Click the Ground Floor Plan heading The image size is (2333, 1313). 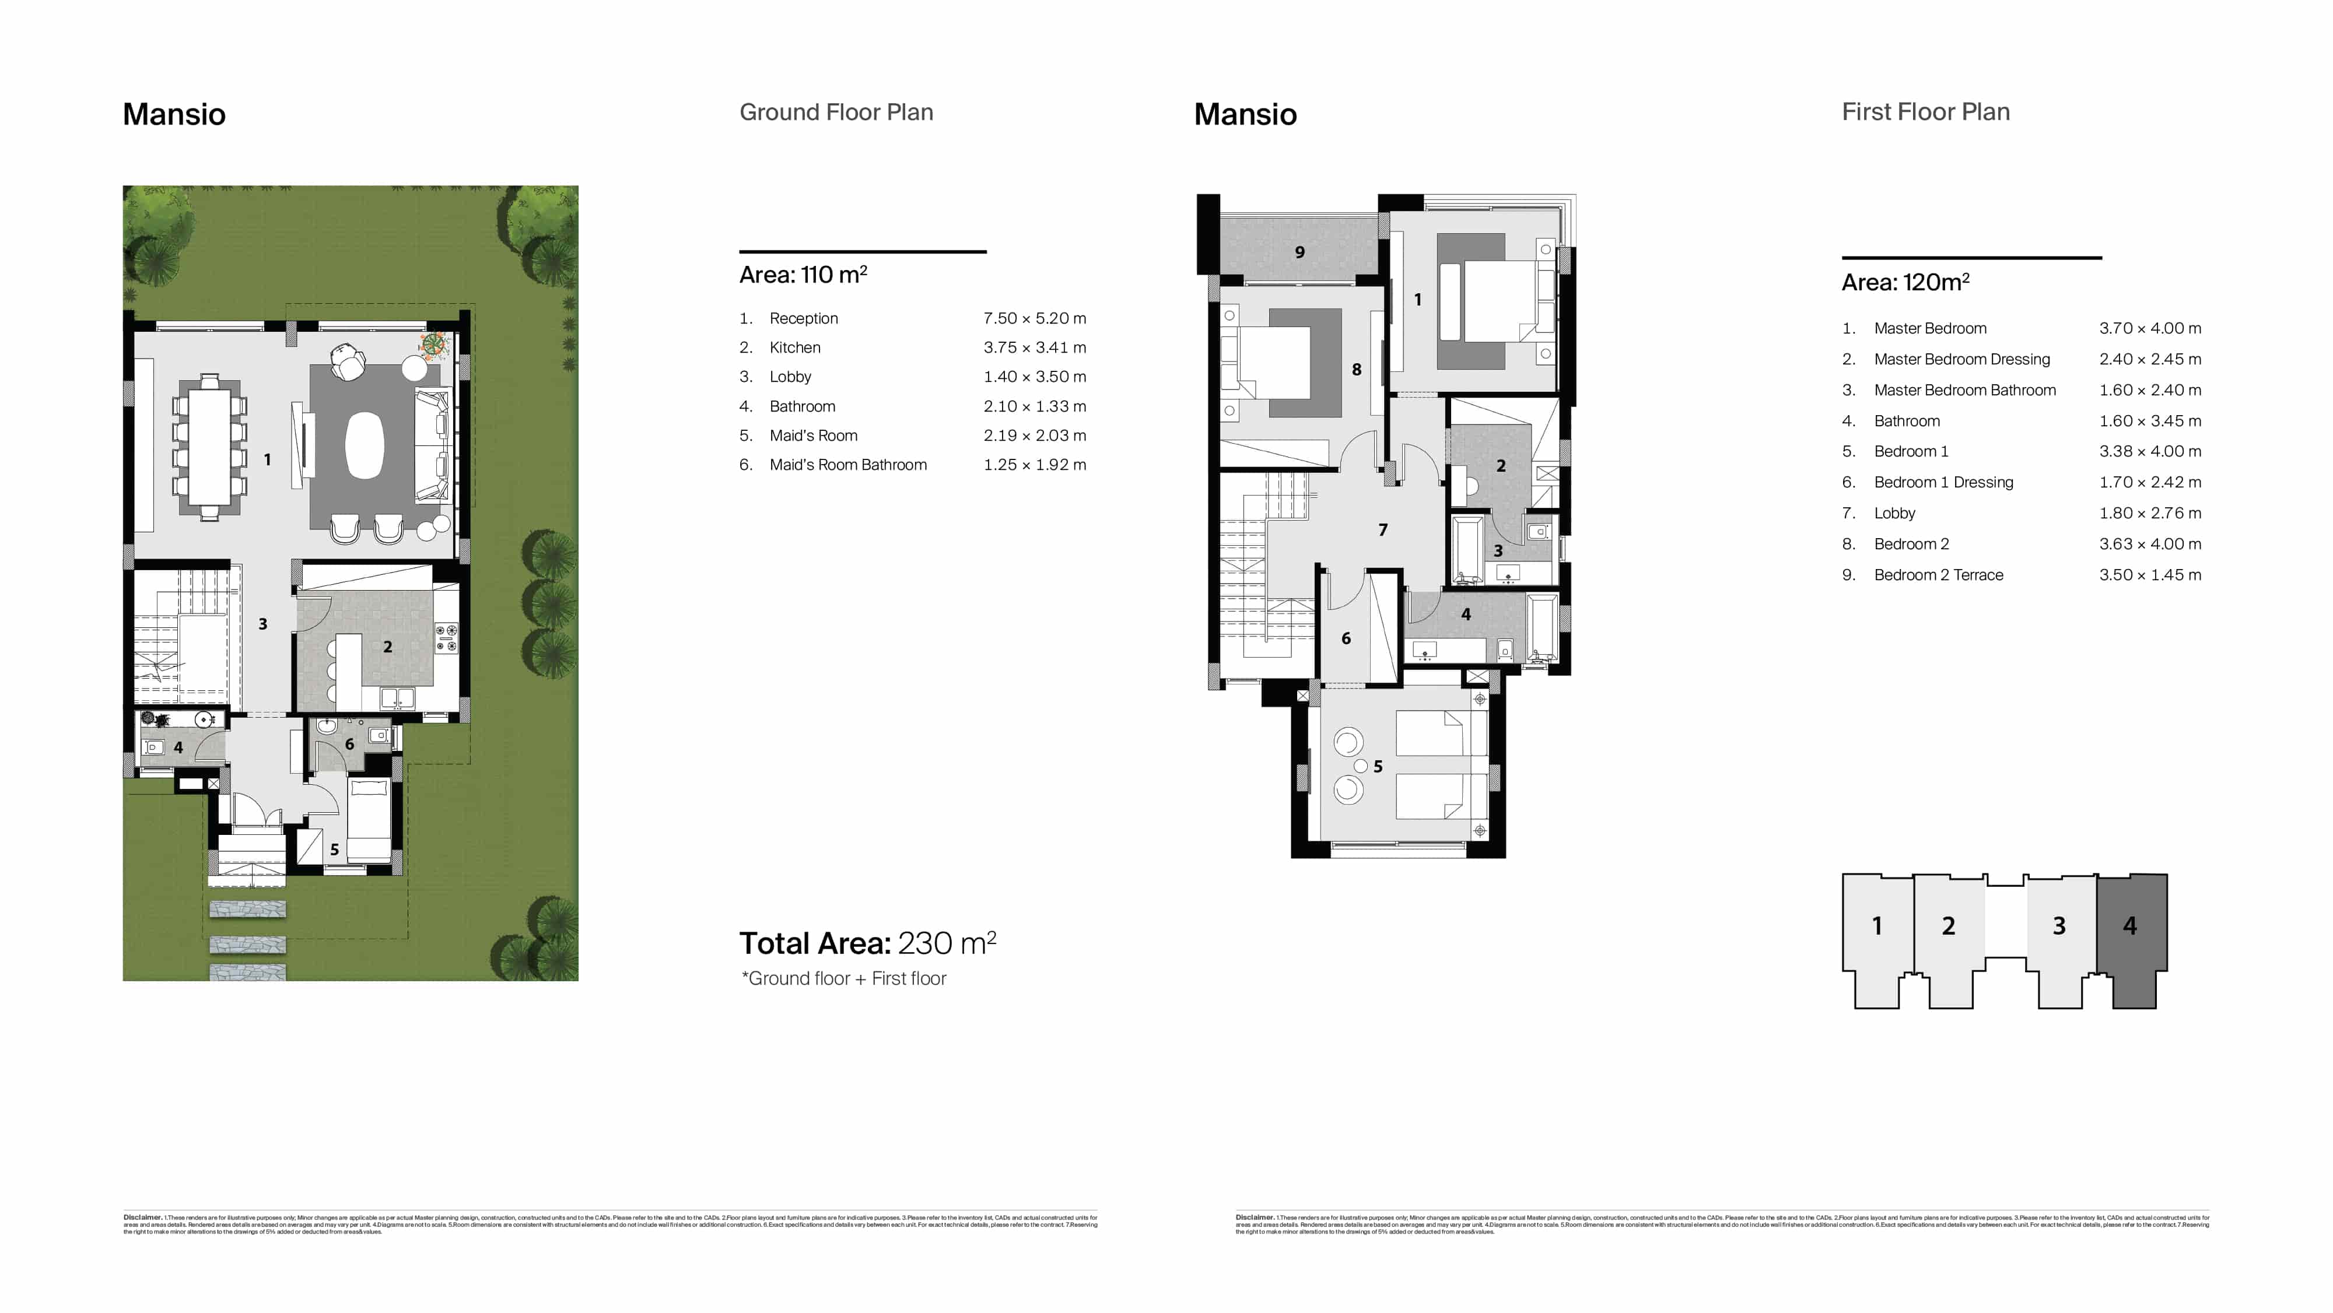(835, 113)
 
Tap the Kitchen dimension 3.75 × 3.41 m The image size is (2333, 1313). (1034, 347)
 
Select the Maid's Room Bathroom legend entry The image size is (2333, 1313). (847, 465)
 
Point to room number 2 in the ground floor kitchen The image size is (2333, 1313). (388, 647)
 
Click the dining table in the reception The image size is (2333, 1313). (209, 447)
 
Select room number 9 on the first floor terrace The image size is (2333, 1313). (1299, 252)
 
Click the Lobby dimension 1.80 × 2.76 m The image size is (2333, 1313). (2149, 514)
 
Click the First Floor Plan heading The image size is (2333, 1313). (1925, 113)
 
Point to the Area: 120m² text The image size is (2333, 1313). (1905, 283)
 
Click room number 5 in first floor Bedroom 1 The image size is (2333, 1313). (1378, 767)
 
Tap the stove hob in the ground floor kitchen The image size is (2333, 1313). (447, 637)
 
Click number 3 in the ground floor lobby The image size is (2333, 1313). (262, 624)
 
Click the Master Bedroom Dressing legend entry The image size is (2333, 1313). (1961, 360)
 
